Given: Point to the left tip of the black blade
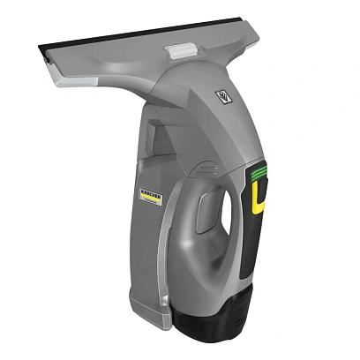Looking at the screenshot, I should [39, 45].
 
